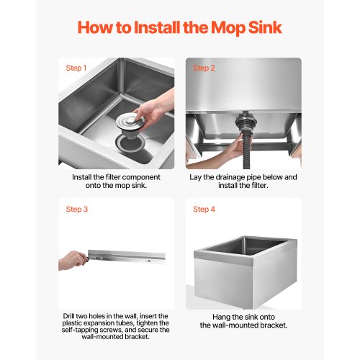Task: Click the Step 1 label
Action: pos(76,68)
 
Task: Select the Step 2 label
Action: pos(204,68)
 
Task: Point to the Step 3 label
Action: pos(77,210)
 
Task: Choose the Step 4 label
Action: pos(204,210)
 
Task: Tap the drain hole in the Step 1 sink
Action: pos(130,143)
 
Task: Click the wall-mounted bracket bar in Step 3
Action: pos(127,256)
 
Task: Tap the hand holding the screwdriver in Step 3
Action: pos(72,261)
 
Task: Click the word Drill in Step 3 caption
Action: pos(68,316)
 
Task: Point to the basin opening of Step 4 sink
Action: pos(247,247)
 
